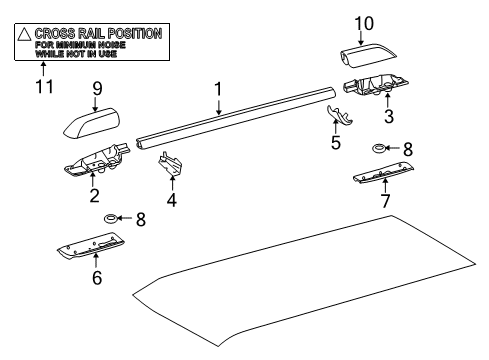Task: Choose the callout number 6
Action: pyautogui.click(x=97, y=278)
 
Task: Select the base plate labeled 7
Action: pyautogui.click(x=386, y=178)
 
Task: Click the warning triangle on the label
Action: pyautogui.click(x=23, y=34)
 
